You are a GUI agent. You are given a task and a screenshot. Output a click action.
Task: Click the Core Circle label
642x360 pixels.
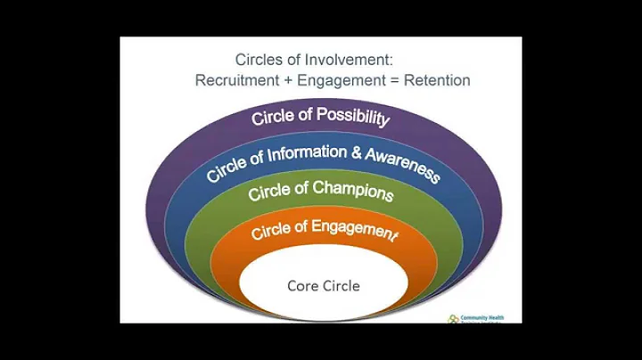pyautogui.click(x=323, y=285)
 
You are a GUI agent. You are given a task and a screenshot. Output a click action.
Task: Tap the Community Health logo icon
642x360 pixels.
pyautogui.click(x=454, y=318)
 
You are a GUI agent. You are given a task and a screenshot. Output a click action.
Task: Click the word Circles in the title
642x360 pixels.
pyautogui.click(x=259, y=60)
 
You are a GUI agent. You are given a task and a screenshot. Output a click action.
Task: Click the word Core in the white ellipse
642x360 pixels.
pyautogui.click(x=301, y=285)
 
